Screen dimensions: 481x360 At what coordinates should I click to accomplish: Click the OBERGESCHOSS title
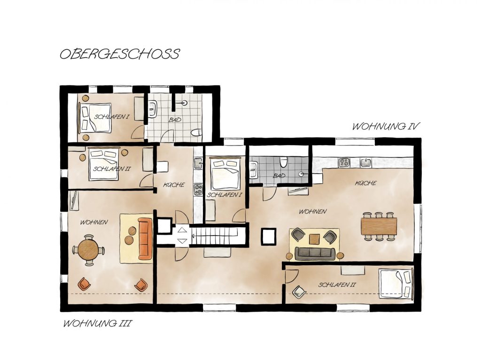click(120, 54)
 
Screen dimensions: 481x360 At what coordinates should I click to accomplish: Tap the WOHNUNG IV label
click(386, 126)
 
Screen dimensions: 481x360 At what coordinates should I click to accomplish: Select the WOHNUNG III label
click(98, 323)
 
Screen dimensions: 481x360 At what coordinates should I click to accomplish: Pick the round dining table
click(88, 250)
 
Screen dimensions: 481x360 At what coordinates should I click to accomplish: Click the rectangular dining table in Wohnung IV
click(379, 226)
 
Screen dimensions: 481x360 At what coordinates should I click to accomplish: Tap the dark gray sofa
click(315, 253)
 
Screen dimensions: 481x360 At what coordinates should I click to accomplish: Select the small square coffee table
click(314, 239)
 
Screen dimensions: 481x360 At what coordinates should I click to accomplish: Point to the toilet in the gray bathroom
click(284, 162)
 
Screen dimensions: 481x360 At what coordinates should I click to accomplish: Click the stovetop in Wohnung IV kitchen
click(344, 162)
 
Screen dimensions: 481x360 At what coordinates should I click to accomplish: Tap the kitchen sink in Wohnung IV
click(366, 162)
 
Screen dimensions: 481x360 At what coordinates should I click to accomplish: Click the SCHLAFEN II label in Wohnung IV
click(337, 285)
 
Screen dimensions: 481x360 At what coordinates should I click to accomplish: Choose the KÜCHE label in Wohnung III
click(174, 184)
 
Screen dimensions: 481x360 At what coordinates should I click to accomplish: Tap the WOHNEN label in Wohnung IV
click(312, 212)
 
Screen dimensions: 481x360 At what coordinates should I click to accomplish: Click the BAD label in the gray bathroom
click(279, 176)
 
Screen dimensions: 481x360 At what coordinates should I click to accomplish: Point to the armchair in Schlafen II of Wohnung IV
click(299, 291)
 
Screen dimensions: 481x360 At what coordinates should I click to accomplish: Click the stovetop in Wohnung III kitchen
click(198, 189)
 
